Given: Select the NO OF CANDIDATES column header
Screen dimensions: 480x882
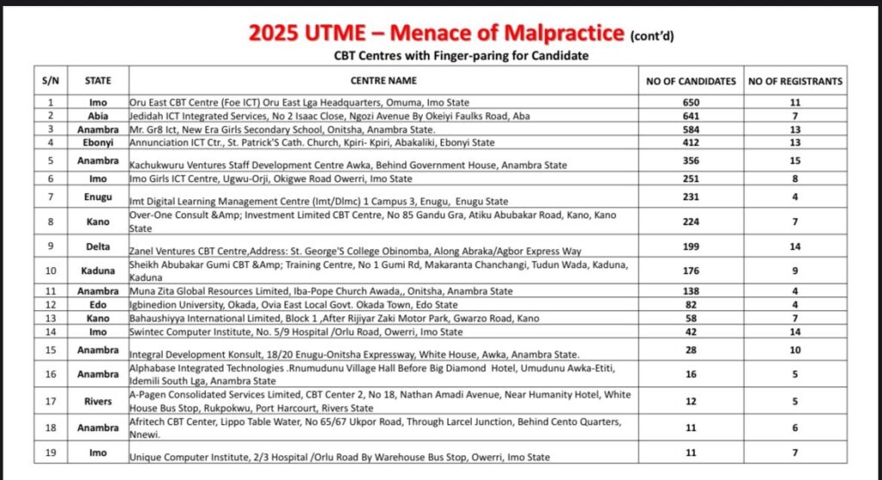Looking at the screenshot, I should tap(691, 81).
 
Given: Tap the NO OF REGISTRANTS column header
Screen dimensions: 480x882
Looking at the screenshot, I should tap(795, 81).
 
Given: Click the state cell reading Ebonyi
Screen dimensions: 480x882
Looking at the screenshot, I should tap(97, 142).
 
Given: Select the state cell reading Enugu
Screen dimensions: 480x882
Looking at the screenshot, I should tap(97, 197).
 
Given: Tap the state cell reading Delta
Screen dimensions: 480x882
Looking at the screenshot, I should tap(97, 246).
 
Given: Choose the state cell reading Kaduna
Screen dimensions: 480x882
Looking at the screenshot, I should tap(97, 270).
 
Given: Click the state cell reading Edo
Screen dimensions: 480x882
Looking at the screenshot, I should tap(97, 304).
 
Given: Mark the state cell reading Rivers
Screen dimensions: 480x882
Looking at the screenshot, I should tap(97, 400).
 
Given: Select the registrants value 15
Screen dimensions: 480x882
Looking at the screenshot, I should tap(795, 160).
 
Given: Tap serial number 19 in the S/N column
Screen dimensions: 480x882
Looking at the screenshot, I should tap(50, 452).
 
